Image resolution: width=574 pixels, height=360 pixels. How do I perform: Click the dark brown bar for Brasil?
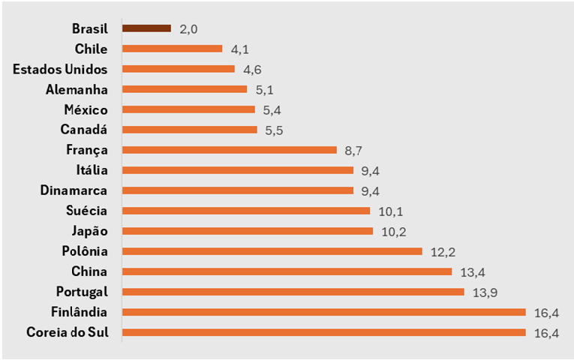coord(146,28)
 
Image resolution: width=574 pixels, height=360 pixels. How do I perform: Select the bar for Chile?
coord(172,49)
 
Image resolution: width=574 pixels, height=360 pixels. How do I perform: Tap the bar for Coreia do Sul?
coord(323,331)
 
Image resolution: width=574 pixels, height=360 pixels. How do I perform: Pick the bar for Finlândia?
coord(323,311)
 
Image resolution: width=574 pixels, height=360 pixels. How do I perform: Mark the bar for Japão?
coord(247,230)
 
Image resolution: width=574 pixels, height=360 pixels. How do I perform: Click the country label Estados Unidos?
coord(61,69)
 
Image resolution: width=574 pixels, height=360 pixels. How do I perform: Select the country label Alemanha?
coord(77,89)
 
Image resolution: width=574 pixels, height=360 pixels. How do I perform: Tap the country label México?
coord(85,109)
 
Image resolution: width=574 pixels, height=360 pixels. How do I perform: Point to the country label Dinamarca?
coord(74,190)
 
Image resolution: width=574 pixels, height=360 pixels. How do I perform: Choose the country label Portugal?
coord(82,291)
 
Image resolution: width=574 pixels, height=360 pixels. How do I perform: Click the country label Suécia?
coord(86,211)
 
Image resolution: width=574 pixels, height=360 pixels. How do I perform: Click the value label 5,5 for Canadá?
coord(274,130)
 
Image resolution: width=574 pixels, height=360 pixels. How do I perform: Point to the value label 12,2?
coord(442,251)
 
